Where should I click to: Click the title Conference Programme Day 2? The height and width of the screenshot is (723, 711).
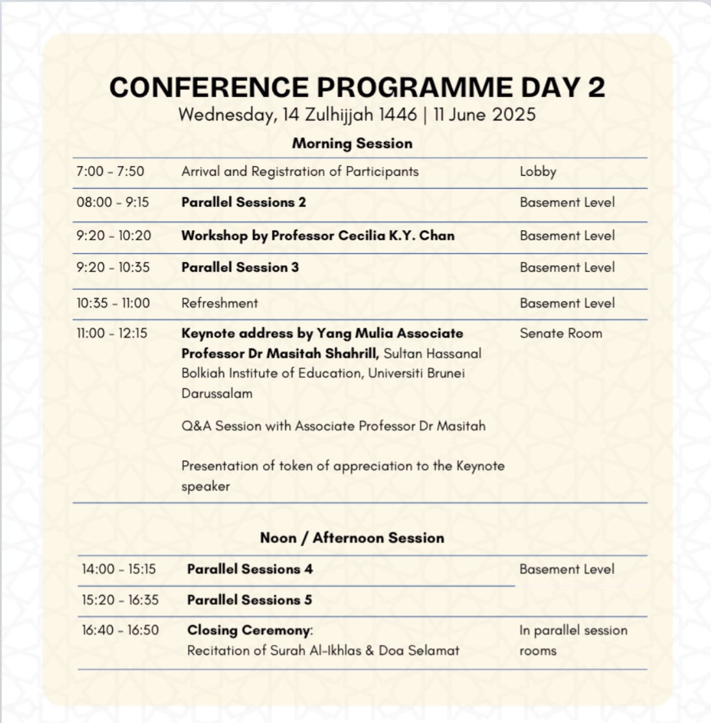[x=357, y=87]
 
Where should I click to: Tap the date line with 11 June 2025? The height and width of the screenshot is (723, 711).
[x=357, y=115]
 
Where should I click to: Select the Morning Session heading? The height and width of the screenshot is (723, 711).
[x=352, y=143]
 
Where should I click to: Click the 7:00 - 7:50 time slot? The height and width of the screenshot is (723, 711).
[x=110, y=172]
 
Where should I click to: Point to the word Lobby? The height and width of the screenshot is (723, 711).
[x=538, y=172]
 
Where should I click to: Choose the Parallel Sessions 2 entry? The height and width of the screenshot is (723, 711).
[x=244, y=203]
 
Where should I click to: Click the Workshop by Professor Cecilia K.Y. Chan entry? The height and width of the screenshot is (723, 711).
[x=318, y=236]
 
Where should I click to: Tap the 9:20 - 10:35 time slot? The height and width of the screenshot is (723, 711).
[x=114, y=268]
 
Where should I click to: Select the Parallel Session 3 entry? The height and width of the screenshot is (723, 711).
[x=240, y=268]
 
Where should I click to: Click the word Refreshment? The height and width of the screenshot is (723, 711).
[x=219, y=303]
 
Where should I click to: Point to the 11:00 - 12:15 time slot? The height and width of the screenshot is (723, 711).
[x=112, y=333]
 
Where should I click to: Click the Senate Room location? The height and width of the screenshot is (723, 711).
[x=561, y=333]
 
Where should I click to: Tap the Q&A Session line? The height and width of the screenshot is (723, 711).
[x=333, y=426]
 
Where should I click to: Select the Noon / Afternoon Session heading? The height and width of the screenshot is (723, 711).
[x=352, y=538]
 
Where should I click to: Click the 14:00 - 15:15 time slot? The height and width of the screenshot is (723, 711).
[x=119, y=569]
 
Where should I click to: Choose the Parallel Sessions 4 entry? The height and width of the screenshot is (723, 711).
[x=250, y=569]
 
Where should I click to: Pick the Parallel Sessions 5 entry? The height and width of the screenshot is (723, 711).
[x=249, y=600]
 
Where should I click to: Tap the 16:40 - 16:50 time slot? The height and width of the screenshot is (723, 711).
[x=120, y=631]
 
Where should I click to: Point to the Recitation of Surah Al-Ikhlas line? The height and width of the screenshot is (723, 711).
[x=323, y=651]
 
